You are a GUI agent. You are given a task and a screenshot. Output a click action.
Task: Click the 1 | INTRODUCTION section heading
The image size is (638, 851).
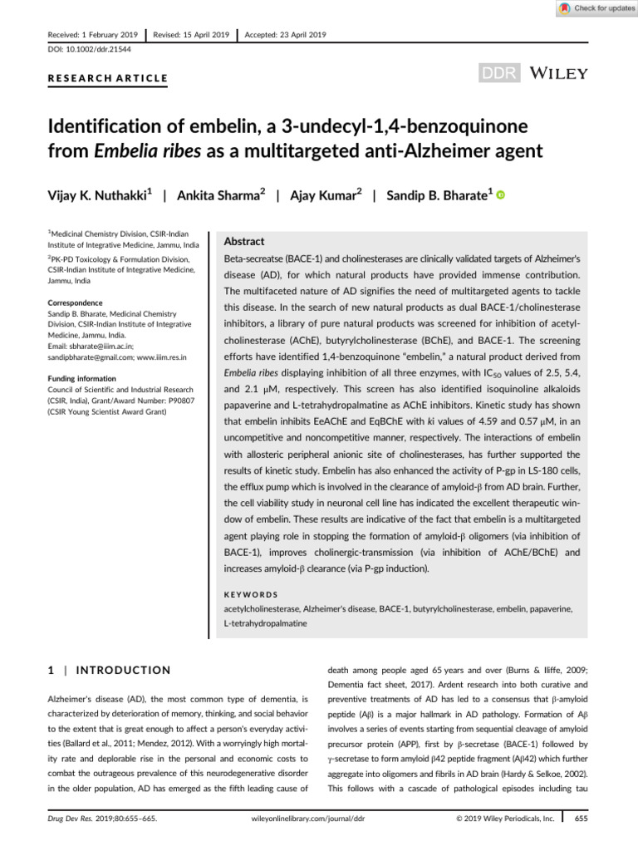[106, 670]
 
